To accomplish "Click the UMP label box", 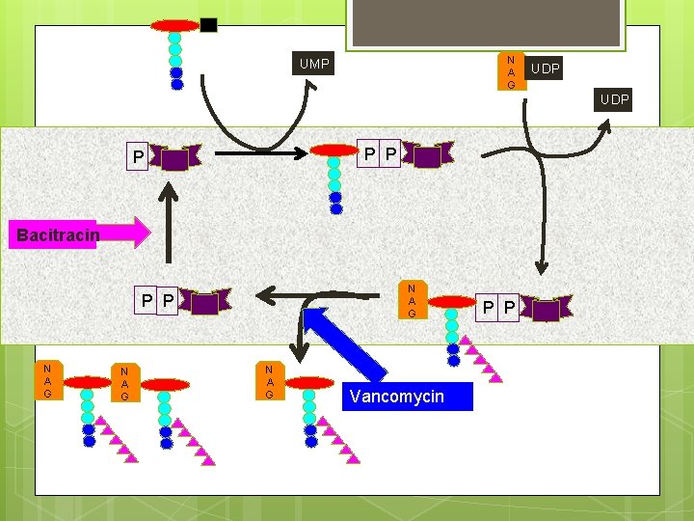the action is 313,64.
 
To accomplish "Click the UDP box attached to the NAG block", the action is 545,69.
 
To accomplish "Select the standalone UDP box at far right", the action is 613,99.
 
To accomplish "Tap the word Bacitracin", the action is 58,234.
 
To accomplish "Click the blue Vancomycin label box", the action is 408,397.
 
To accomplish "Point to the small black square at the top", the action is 208,25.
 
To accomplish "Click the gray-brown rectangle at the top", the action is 486,22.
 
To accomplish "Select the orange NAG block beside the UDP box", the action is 512,71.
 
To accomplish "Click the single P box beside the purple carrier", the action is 137,156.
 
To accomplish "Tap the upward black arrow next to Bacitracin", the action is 168,223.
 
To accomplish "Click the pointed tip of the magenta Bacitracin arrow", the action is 150,233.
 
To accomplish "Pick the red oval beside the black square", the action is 175,26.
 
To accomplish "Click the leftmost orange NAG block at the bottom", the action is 49,380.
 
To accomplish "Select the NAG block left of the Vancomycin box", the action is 270,381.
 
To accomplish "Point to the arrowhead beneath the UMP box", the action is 311,85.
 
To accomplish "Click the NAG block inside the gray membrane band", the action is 413,299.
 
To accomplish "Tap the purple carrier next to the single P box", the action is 174,157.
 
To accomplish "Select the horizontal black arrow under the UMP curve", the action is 261,153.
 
